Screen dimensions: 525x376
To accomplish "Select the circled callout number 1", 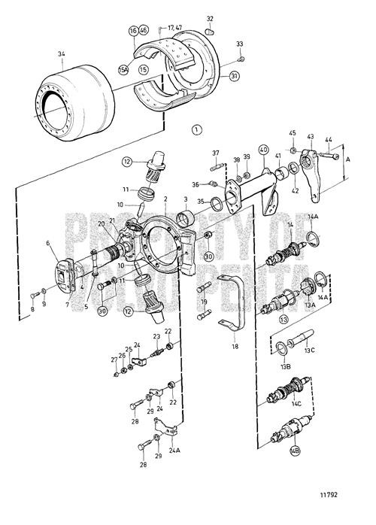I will click(197, 129).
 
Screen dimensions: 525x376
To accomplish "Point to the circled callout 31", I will click(235, 75).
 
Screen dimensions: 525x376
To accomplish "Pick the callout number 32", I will click(210, 18).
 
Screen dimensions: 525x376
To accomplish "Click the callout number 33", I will click(240, 44).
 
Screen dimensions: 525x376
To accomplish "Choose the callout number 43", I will click(310, 137).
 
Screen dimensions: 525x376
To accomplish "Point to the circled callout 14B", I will click(294, 453).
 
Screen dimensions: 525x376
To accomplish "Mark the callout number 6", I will click(47, 243).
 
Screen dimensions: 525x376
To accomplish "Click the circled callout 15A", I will click(122, 68).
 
